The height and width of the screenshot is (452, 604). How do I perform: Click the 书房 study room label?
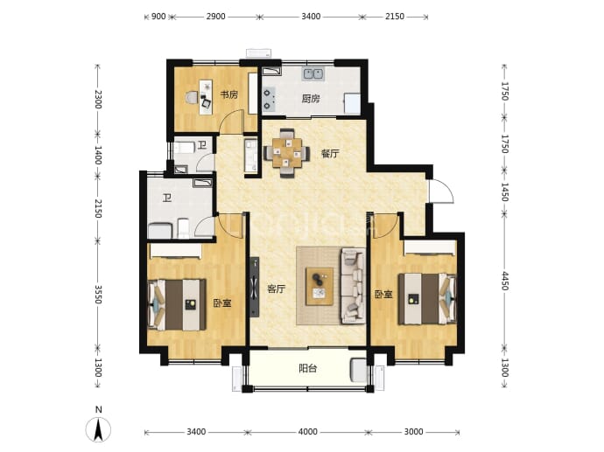point(228,94)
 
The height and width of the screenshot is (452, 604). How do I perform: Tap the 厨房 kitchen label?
point(311,99)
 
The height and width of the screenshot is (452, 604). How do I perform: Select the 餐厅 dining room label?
point(330,154)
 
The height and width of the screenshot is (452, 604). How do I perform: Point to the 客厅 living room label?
point(277,289)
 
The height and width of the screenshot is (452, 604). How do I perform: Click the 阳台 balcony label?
point(308,369)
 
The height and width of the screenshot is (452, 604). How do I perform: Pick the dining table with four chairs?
point(287,153)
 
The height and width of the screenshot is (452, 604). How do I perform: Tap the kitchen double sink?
point(313,73)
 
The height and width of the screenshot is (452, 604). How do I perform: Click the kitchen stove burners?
point(269,99)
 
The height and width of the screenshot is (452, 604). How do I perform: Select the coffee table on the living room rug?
point(320,287)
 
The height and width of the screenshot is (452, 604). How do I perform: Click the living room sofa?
point(353,286)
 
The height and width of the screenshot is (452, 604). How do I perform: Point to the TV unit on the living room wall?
point(254,287)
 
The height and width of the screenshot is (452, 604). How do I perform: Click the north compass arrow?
point(99,429)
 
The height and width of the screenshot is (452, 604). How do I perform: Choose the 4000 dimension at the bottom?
point(308,432)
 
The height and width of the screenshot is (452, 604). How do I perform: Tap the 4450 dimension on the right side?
point(504,282)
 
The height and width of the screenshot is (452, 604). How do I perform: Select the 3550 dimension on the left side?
point(98,295)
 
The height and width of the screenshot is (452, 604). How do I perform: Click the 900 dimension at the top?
point(158,17)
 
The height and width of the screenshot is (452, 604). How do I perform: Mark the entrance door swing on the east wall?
point(442,191)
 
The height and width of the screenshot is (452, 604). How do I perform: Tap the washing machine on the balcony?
point(358,370)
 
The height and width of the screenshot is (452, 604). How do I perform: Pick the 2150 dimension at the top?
point(395,17)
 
